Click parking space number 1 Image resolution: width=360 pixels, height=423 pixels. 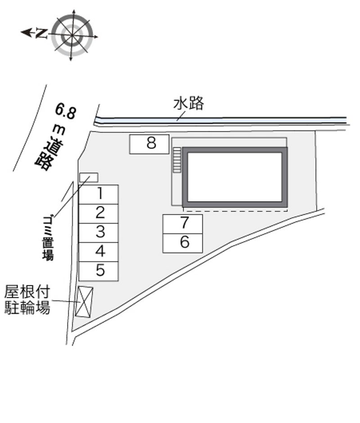pos(99,194)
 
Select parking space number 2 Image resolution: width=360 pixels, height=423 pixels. pos(99,214)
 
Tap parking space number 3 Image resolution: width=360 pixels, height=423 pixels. pos(99,233)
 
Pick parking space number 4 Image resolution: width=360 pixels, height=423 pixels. pos(99,252)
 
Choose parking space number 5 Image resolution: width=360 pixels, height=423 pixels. pos(99,271)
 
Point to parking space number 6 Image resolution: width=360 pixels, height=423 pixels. pos(183,243)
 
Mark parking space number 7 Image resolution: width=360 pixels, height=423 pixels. pos(183,224)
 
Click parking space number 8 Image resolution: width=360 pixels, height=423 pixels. pos(149,144)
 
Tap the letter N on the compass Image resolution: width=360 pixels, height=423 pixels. pos(41,33)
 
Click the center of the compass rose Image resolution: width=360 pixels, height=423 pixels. pos(72,36)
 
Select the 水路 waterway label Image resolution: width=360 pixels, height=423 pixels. pos(189,103)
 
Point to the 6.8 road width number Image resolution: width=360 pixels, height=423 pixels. pos(65,111)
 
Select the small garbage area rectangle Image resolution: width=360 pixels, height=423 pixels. pos(89,178)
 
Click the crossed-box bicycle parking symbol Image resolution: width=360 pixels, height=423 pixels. pos(84,301)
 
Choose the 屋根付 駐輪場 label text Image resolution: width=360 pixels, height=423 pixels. pos(27,300)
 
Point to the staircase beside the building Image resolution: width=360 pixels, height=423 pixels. pos(177,160)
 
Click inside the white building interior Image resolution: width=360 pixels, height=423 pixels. pos(235,177)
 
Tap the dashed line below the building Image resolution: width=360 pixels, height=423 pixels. pos(236,211)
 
